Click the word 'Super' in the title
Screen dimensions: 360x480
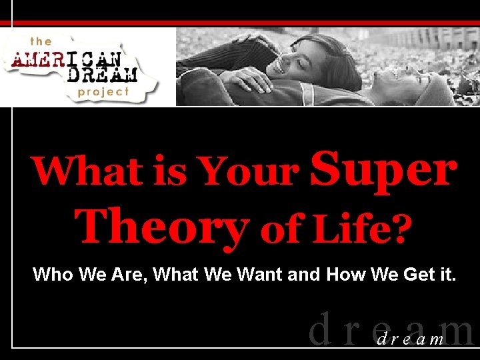384,171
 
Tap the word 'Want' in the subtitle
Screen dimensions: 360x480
252,274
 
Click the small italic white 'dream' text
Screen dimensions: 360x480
411,339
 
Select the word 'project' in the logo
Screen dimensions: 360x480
103,92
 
